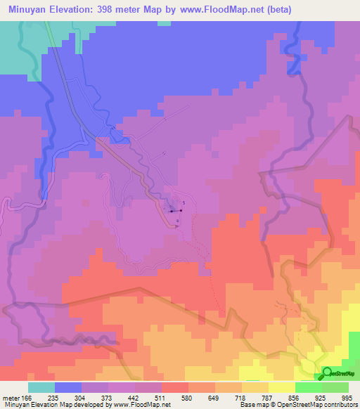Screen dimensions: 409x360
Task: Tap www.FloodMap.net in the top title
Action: click(x=214, y=10)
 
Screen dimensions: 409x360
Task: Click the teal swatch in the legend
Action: click(x=41, y=387)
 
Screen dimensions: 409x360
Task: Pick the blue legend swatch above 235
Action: click(x=68, y=387)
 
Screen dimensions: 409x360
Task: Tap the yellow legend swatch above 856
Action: click(x=282, y=387)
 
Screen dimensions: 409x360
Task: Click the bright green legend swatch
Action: click(x=309, y=387)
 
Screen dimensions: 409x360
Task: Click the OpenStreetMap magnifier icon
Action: click(x=328, y=374)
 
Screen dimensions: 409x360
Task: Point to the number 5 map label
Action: click(x=184, y=202)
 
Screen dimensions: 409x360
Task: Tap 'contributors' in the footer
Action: click(x=339, y=405)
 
